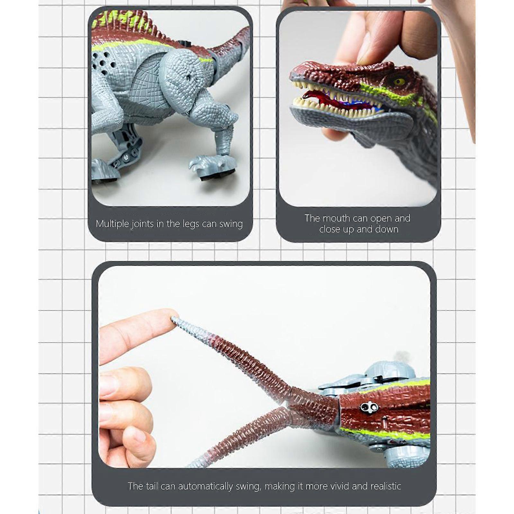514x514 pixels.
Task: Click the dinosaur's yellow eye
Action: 399,81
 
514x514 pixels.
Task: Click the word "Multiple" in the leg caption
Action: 112,224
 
